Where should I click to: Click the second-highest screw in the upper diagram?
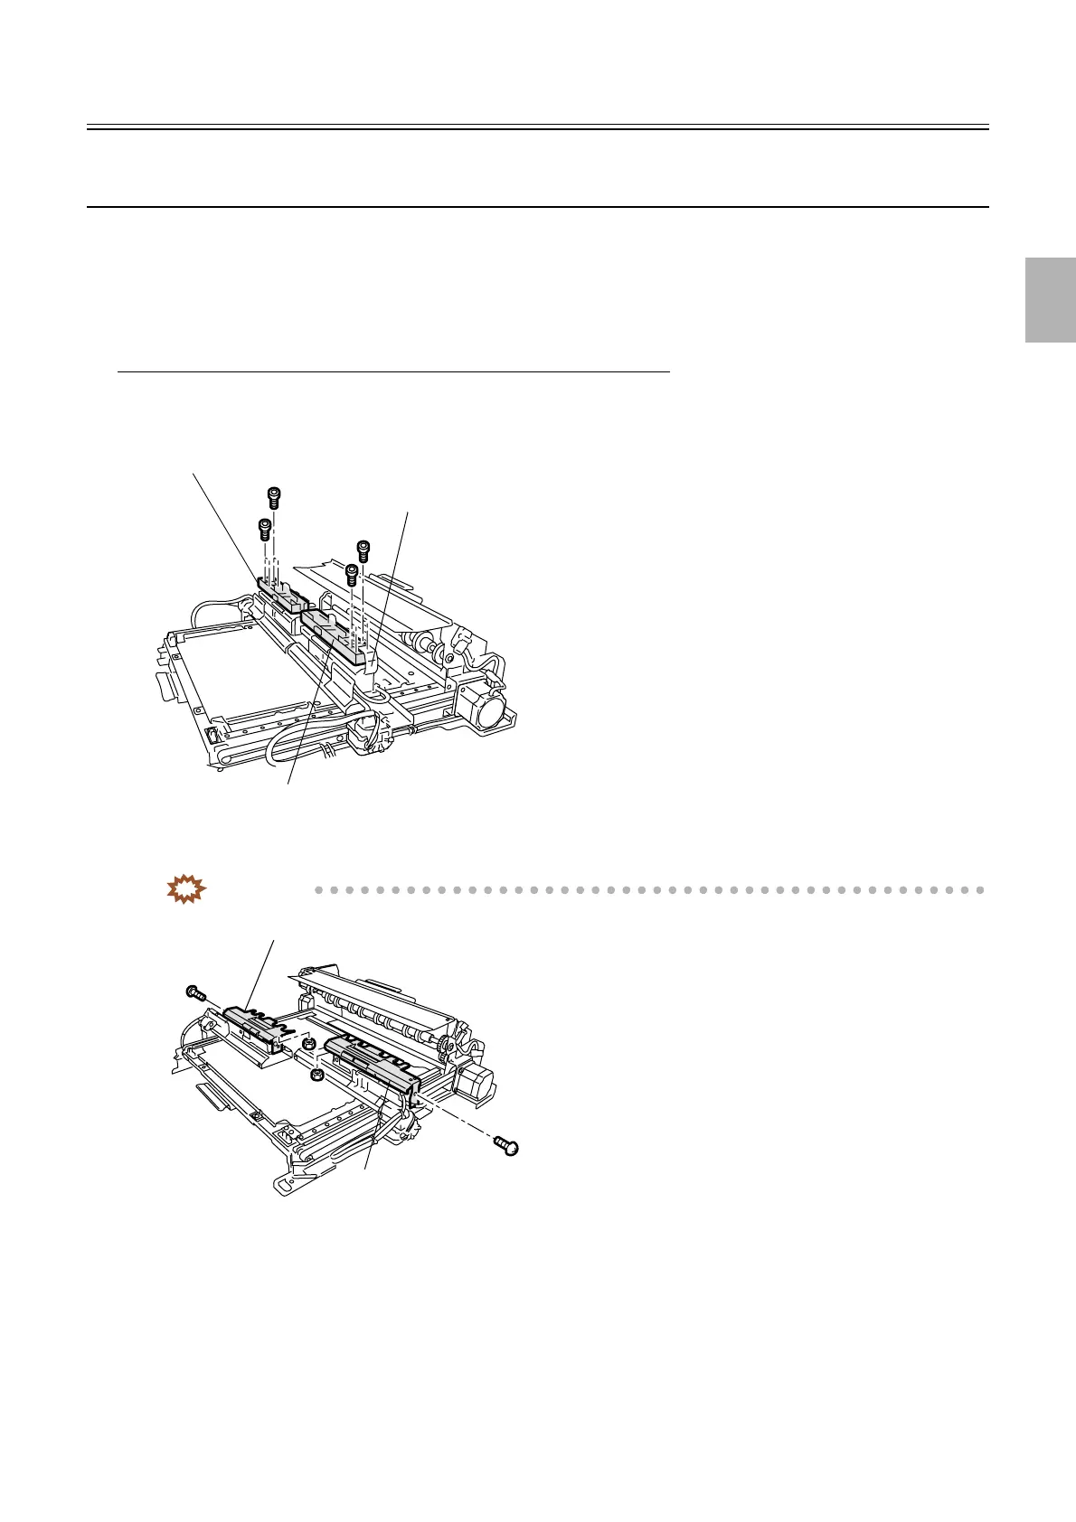[x=265, y=527]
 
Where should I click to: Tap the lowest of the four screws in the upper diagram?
[x=352, y=572]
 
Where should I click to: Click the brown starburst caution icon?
[x=186, y=889]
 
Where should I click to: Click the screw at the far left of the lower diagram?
[x=193, y=992]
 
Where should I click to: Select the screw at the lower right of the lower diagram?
[x=509, y=1147]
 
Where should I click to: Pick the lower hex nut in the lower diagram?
[x=317, y=1075]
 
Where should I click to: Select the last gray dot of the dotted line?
[x=979, y=890]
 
